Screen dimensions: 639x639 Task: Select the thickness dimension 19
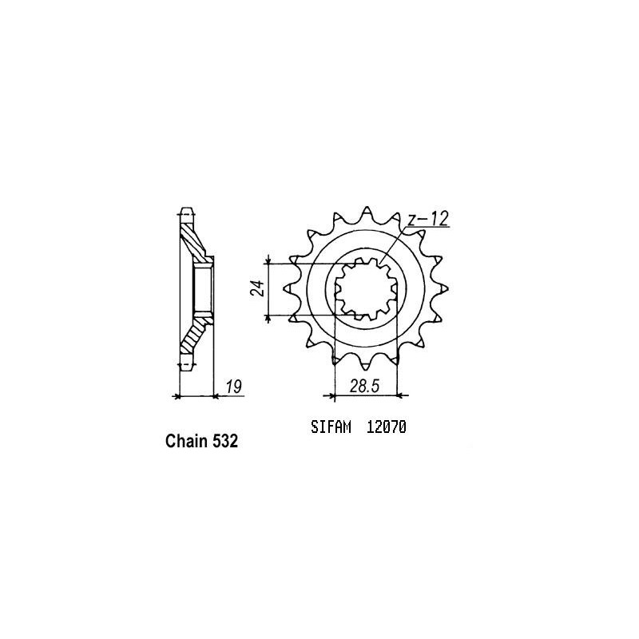233,387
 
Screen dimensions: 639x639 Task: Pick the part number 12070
387,427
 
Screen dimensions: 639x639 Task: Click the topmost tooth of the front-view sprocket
368,210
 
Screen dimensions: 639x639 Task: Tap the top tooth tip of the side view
186,212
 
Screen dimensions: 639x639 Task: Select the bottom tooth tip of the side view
186,367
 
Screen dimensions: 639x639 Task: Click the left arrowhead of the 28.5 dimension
327,395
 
